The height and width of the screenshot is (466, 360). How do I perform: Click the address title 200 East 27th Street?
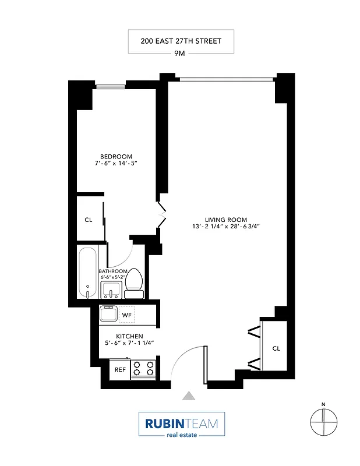click(181, 41)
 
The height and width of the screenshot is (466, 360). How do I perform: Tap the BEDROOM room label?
click(116, 156)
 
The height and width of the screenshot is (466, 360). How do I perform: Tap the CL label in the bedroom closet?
click(89, 220)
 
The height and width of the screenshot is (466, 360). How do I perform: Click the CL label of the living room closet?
click(276, 348)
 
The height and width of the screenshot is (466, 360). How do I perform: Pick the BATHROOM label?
click(112, 271)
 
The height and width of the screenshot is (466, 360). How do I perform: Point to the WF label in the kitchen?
click(126, 315)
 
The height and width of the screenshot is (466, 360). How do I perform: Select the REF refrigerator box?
click(120, 369)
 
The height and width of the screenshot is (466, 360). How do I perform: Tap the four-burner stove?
click(143, 368)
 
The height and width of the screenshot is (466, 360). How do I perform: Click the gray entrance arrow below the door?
click(188, 396)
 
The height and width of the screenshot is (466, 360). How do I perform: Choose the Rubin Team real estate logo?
click(181, 425)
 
